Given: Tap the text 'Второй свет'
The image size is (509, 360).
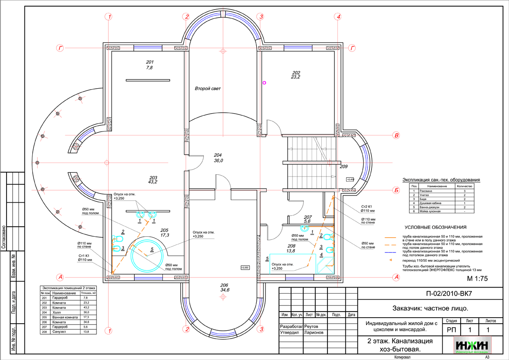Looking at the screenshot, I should coord(208,89).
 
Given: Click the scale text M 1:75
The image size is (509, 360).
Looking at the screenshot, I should coord(477,278).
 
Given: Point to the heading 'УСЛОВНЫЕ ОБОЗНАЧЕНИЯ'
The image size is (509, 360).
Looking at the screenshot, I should coord(435,227).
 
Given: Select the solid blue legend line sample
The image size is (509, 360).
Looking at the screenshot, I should coord(390,253).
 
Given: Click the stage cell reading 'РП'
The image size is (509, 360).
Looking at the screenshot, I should coord(450,330).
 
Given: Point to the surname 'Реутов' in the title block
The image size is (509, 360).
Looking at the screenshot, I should coord(312,326).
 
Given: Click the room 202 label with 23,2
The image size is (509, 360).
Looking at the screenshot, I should coord(296,74).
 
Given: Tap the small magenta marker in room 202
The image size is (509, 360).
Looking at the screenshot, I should coord(264,83).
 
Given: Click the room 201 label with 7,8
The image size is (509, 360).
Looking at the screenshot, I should coord(150,64).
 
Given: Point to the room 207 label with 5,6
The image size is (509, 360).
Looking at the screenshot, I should coord(307,219).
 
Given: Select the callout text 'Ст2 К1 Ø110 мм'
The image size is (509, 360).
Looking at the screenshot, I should coord(366,208).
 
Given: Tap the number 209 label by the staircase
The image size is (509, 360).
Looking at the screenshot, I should coord(344,166).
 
